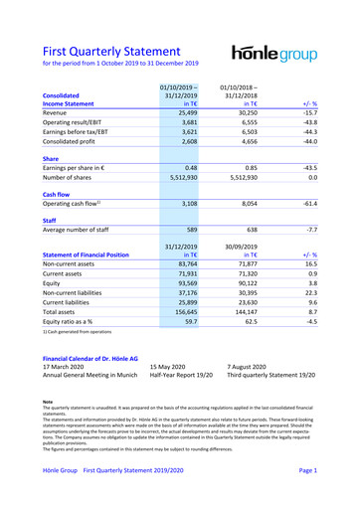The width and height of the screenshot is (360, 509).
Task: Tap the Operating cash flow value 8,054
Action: [x=258, y=238]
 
